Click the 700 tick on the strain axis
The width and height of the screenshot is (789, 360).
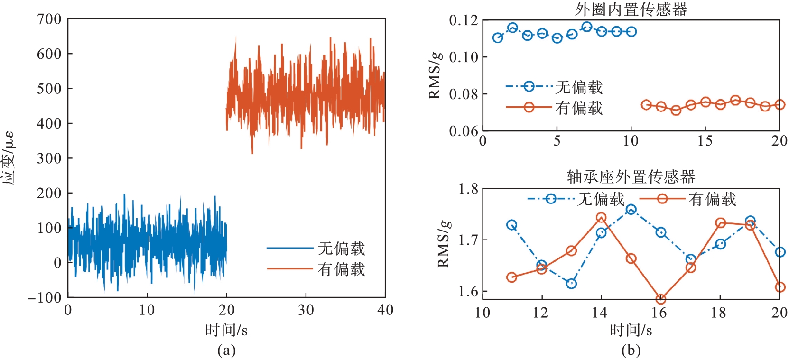(49, 19)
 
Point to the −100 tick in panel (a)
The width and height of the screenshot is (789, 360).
(45, 298)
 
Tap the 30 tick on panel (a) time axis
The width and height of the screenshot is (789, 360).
(306, 310)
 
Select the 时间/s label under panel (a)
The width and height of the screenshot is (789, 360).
(226, 330)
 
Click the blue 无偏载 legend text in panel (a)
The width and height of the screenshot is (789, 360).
(342, 248)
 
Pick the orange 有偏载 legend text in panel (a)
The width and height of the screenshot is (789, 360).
(342, 269)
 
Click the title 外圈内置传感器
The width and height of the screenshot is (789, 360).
(631, 9)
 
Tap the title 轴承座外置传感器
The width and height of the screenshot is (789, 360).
(631, 177)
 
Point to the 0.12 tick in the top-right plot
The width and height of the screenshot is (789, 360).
(464, 20)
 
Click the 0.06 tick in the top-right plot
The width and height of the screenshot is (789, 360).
(464, 131)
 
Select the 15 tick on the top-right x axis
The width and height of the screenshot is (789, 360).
(705, 141)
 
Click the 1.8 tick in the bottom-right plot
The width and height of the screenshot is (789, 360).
(468, 189)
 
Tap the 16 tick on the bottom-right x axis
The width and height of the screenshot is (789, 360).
(659, 313)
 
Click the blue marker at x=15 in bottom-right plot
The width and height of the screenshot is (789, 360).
(631, 210)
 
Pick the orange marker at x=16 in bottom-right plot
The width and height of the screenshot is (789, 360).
(660, 299)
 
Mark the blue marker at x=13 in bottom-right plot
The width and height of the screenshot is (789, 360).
(571, 284)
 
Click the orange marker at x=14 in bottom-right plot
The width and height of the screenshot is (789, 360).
(601, 218)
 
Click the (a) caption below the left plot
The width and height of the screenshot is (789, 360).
(226, 351)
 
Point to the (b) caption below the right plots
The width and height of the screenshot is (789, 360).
(631, 351)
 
